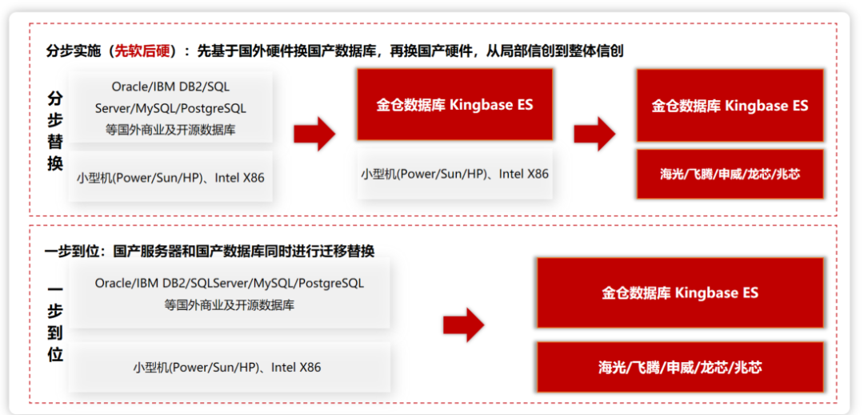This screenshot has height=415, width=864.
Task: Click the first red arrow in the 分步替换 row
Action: pos(314,134)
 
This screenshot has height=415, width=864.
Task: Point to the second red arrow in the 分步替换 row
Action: pos(594,134)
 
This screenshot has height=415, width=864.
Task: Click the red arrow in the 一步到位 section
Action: pos(464,324)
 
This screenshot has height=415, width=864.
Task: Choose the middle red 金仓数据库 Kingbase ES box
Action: pos(454,105)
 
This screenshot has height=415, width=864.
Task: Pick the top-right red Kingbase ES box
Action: pos(730,106)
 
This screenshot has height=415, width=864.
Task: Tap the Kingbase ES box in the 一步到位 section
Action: pos(680,292)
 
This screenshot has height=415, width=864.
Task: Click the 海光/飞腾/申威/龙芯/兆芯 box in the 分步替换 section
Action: pos(730,174)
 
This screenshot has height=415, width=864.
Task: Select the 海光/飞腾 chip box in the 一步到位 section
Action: pos(680,368)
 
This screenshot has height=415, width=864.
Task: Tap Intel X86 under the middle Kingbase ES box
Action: pos(524,173)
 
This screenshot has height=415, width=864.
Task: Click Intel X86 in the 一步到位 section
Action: pos(296,368)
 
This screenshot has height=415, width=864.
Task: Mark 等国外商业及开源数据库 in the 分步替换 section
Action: pos(170,129)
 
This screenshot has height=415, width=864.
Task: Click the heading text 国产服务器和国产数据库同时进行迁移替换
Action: pos(244,251)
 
